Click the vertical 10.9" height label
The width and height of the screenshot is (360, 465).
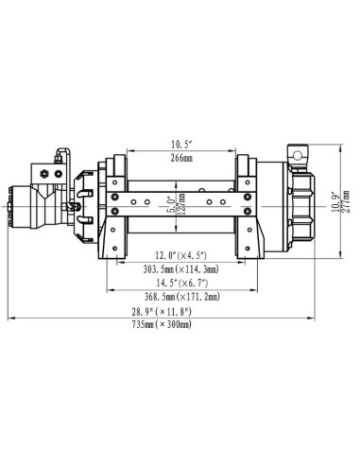(x=334, y=200)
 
